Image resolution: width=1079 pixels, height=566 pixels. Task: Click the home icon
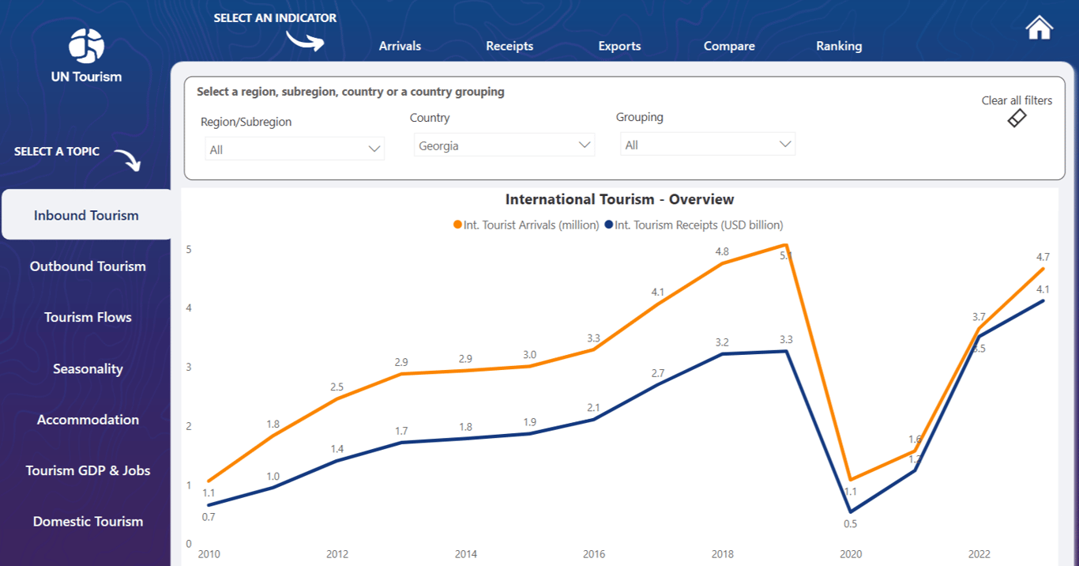[x=1039, y=28]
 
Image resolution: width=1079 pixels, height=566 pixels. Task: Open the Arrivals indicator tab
[x=400, y=46]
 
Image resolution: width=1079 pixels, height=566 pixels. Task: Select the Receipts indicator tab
[x=509, y=46]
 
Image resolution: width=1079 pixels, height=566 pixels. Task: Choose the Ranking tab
[x=839, y=46]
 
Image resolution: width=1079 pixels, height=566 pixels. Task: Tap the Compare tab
[x=729, y=46]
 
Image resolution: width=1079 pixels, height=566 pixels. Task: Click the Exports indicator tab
[x=619, y=46]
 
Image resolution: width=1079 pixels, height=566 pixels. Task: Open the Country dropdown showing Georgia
[x=504, y=145]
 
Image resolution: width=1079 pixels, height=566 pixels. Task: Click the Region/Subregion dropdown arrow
[x=374, y=149]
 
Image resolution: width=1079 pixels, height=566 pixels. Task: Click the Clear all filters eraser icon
[x=1017, y=119]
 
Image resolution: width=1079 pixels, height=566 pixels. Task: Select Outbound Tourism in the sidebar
[x=88, y=266]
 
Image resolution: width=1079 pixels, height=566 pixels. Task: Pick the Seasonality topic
[x=88, y=368]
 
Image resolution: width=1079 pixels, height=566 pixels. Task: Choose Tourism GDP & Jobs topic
[x=88, y=470]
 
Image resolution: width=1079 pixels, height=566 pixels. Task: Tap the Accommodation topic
[x=88, y=420]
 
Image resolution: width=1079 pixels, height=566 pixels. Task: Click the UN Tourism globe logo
[x=86, y=45]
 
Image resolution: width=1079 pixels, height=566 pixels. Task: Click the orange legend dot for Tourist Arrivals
[x=457, y=225]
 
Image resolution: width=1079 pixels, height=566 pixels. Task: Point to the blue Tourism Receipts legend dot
[x=609, y=225]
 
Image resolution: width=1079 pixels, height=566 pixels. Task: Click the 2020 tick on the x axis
[x=851, y=554]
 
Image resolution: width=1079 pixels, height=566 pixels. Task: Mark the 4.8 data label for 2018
[x=722, y=251]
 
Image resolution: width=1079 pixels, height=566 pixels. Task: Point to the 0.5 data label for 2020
[x=850, y=523]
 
